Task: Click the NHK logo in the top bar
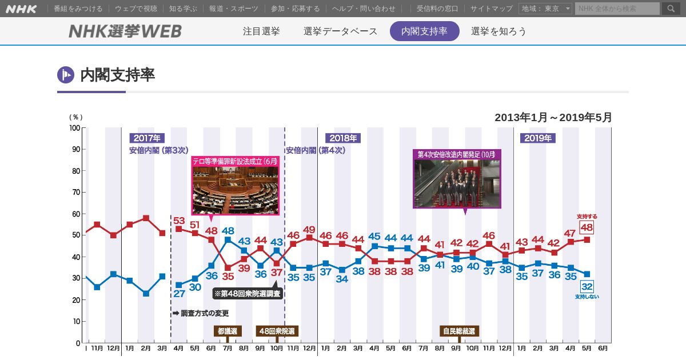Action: [x=21, y=9]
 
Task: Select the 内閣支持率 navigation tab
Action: [x=424, y=31]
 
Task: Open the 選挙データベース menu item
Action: [x=340, y=31]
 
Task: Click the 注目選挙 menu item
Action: [x=261, y=31]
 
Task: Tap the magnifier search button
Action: [x=671, y=9]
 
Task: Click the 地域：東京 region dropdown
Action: [x=545, y=9]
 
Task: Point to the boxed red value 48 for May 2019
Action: [x=587, y=227]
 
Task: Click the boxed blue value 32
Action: [x=587, y=286]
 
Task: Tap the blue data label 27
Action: [x=179, y=294]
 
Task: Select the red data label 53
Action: [x=179, y=221]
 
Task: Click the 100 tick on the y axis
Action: [x=75, y=128]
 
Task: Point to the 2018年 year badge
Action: [x=343, y=138]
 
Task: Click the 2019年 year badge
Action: [x=537, y=138]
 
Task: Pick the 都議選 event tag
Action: [x=228, y=331]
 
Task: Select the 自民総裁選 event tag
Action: [x=459, y=331]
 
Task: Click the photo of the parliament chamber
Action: [x=235, y=190]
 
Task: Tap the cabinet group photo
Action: [x=457, y=183]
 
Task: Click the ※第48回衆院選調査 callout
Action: [x=248, y=294]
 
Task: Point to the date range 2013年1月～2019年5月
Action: [x=553, y=118]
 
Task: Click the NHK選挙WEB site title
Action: [x=125, y=31]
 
